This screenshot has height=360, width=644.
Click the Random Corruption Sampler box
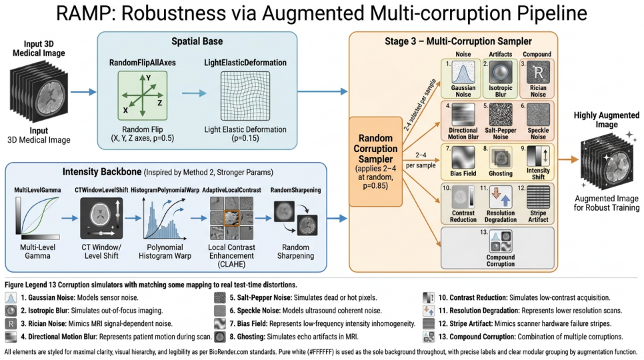coord(375,161)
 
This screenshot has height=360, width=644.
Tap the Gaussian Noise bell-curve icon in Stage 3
coord(463,73)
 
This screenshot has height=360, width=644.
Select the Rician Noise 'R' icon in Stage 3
coord(538,73)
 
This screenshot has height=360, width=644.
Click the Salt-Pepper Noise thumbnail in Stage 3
coord(501,115)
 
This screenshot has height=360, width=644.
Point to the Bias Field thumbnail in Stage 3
coord(463,157)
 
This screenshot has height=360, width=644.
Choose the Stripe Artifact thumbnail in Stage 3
coord(538,197)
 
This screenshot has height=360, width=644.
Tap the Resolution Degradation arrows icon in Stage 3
coord(501,197)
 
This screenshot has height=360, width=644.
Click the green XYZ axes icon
coord(143,95)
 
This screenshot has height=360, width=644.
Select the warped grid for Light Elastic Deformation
coord(245,96)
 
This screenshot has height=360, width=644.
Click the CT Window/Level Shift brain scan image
coord(101,218)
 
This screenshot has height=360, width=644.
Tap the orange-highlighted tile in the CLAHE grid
coord(231,218)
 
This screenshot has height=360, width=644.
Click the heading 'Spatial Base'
coord(197,41)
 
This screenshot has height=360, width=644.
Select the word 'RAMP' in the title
coord(85,13)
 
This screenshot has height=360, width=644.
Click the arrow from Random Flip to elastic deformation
coord(194,93)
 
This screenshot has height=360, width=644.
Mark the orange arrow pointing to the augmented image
coord(569,159)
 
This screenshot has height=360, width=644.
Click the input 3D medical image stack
coord(39,91)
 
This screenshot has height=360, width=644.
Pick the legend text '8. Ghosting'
coord(245,337)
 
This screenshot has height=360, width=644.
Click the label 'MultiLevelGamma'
coord(37,190)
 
